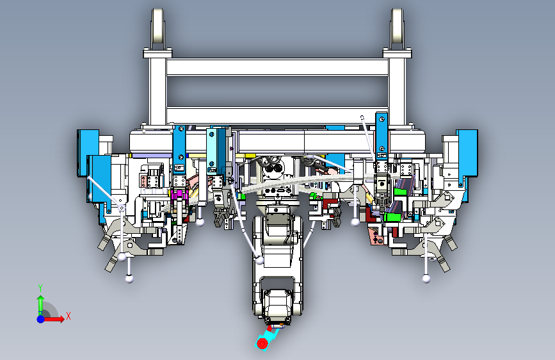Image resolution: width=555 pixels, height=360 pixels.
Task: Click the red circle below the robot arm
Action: coord(262,343)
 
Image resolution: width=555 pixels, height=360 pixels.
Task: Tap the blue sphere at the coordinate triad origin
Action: coord(41,319)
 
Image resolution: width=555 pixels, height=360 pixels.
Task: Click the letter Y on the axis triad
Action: coord(40,288)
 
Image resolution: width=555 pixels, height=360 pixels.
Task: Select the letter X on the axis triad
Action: coord(68,316)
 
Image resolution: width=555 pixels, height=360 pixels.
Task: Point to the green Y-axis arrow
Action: coord(41,304)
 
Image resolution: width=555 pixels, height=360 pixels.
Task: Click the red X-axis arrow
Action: coord(53,319)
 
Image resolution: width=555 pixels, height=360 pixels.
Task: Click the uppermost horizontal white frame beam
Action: coord(278,67)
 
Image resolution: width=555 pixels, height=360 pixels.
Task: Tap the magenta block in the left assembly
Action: coord(179,195)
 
